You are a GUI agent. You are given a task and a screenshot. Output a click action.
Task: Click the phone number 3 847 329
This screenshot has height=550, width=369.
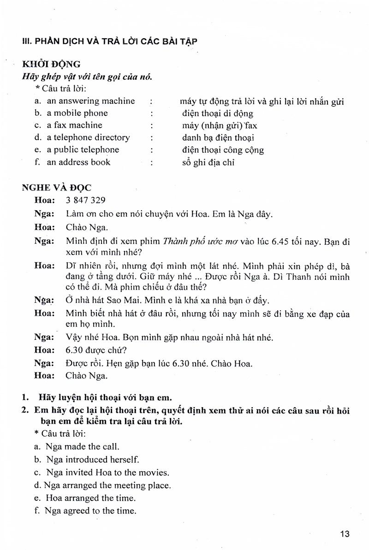pyautogui.click(x=86, y=200)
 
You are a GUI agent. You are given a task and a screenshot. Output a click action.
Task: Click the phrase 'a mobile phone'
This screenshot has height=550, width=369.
pyautogui.click(x=77, y=113)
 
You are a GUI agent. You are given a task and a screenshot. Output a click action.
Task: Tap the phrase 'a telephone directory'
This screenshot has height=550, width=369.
pyautogui.click(x=88, y=137)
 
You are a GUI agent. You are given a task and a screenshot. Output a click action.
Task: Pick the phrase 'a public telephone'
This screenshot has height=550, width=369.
pyautogui.click(x=83, y=149)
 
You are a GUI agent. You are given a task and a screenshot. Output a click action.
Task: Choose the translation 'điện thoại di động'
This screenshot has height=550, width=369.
pyautogui.click(x=218, y=113)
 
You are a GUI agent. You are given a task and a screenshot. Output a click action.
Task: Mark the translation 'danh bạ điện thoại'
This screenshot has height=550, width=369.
pyautogui.click(x=218, y=138)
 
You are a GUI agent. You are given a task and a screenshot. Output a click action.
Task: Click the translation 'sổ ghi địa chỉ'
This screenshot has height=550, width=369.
pyautogui.click(x=208, y=162)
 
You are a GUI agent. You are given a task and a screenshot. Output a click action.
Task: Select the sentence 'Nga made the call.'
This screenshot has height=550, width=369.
pyautogui.click(x=82, y=446)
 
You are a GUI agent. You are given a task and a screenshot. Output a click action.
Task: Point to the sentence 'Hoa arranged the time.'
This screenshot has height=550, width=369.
pyautogui.click(x=90, y=498)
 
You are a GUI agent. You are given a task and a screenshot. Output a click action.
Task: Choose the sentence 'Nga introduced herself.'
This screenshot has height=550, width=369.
pyautogui.click(x=92, y=460)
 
